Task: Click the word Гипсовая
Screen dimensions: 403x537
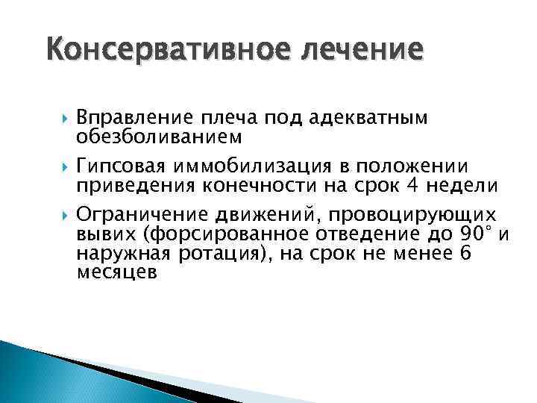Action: click(x=122, y=165)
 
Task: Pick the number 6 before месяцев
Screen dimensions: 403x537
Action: click(x=465, y=254)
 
